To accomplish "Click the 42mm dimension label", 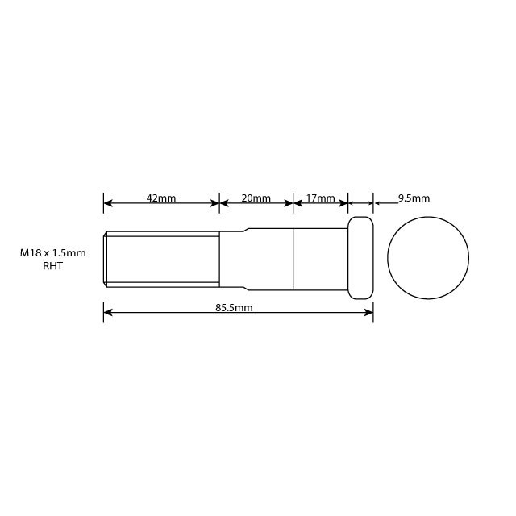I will click(161, 198).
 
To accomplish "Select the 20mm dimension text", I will click(256, 198).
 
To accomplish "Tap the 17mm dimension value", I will click(320, 198).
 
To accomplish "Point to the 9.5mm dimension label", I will click(414, 198).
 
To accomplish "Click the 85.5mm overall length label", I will click(235, 307).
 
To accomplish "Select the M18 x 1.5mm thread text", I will click(52, 252).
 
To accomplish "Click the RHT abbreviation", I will click(52, 265).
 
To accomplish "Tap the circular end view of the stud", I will click(428, 258).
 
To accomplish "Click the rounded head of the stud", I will click(360, 258).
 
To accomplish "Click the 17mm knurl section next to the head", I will click(320, 258).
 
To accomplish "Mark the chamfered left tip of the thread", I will click(106, 258).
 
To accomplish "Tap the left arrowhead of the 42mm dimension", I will click(108, 203).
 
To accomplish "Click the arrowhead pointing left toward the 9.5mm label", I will click(377, 203).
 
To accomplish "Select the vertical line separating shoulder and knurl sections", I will click(293, 258).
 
